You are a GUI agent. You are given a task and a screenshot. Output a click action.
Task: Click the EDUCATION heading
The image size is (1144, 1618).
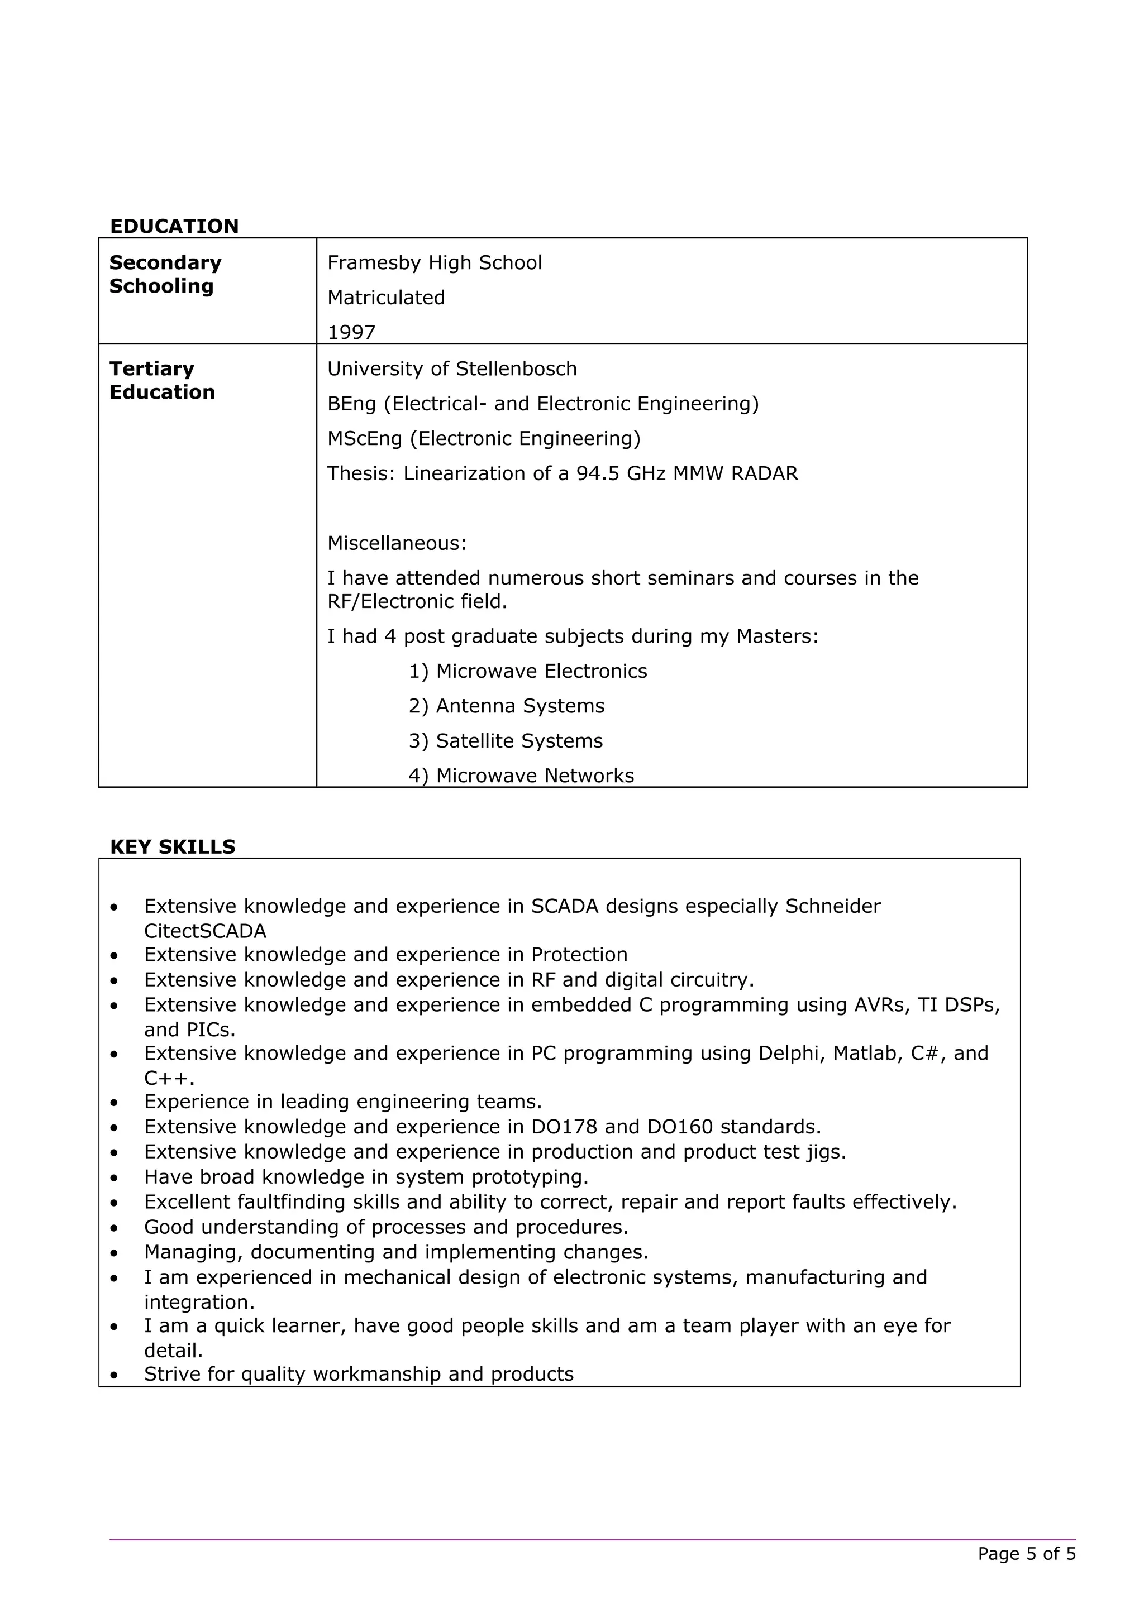coord(174,226)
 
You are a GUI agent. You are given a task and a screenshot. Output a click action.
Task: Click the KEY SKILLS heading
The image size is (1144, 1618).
coord(173,846)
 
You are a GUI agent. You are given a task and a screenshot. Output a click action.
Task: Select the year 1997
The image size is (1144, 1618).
coord(351,333)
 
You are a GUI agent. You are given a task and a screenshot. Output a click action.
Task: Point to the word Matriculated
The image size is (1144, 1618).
coord(385,298)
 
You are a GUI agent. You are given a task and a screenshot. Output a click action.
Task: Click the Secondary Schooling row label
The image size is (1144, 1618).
coord(165,274)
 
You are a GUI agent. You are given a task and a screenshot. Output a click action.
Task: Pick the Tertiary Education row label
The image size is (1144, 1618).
coord(161,381)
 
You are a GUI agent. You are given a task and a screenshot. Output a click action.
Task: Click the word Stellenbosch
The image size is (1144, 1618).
coord(516,368)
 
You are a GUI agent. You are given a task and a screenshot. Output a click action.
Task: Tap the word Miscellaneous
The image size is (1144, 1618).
coord(395,543)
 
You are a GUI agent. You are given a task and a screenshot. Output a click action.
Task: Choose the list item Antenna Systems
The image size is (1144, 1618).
coord(519,706)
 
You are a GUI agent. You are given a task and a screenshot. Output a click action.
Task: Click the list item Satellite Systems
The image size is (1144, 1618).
coord(519,741)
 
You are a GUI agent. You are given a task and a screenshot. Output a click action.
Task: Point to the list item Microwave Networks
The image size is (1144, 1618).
coord(534,775)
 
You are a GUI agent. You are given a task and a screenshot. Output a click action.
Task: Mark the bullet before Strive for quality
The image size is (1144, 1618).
coord(114,1375)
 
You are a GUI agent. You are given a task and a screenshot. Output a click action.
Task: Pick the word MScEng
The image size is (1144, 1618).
coord(364,438)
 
